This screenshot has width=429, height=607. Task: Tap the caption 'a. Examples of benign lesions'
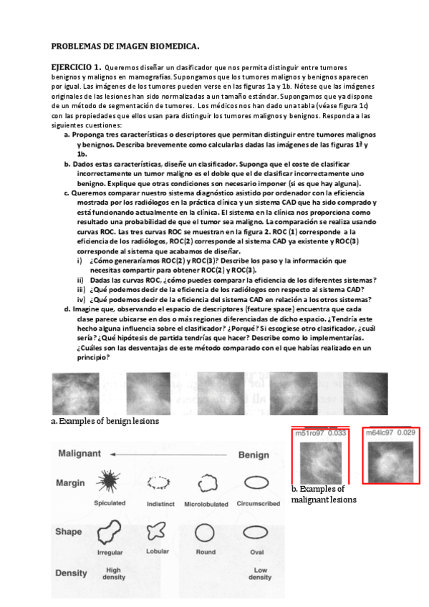105,421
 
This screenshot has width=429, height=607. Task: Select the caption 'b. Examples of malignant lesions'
324,494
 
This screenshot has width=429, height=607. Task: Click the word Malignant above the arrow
79,454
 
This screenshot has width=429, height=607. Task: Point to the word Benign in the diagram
254,455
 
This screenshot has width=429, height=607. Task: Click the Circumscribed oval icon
256,482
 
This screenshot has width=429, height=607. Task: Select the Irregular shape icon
110,532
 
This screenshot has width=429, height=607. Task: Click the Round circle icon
206,533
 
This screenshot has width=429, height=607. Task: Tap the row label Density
71,573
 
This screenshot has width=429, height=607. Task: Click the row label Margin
69,482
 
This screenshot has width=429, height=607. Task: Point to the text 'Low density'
259,573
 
